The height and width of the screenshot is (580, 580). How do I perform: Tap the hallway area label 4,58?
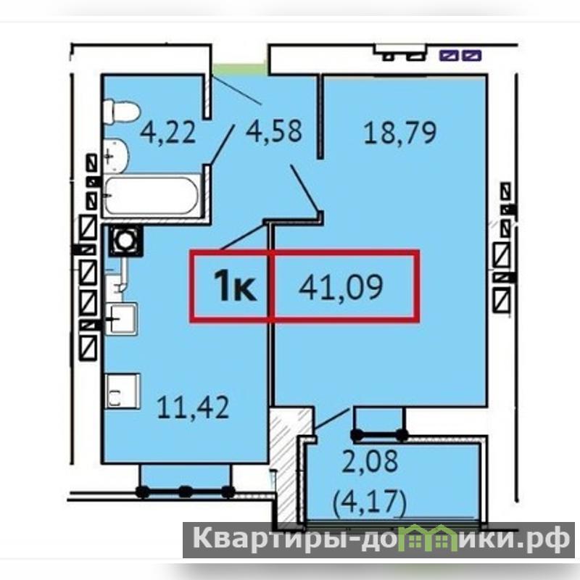(x=274, y=131)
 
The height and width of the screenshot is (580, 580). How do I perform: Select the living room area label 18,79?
(x=400, y=132)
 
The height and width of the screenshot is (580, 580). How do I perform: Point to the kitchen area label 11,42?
(x=193, y=407)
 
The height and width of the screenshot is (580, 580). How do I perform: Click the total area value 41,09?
(x=341, y=288)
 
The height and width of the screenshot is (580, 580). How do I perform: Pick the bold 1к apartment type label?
(x=234, y=285)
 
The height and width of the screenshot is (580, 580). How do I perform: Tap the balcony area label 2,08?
(x=370, y=461)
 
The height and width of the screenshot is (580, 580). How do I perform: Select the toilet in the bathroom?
(x=121, y=112)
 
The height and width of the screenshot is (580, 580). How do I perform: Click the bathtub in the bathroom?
(x=152, y=196)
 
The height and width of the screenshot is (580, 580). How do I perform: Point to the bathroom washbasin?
(x=116, y=156)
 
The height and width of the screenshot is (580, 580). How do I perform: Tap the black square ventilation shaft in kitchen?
(x=125, y=241)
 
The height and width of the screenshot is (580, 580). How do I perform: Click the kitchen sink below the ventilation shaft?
(x=121, y=318)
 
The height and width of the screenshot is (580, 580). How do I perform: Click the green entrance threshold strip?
(x=241, y=70)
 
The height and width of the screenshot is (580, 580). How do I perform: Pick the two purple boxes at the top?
(x=460, y=56)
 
